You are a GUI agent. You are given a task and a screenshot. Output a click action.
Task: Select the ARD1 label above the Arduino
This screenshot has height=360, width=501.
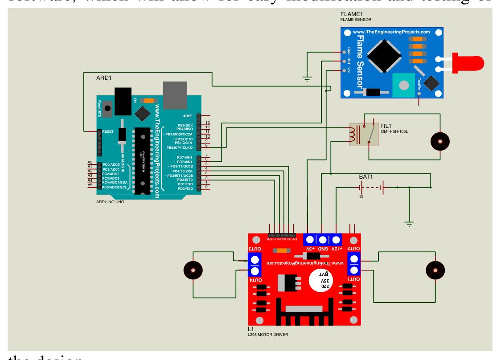(104, 78)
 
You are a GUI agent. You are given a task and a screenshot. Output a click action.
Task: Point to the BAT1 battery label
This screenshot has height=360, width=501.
(366, 177)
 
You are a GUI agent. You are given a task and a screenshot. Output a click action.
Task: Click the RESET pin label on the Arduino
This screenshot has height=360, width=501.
(109, 132)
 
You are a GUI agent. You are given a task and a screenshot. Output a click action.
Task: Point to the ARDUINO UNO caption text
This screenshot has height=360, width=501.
(110, 202)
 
